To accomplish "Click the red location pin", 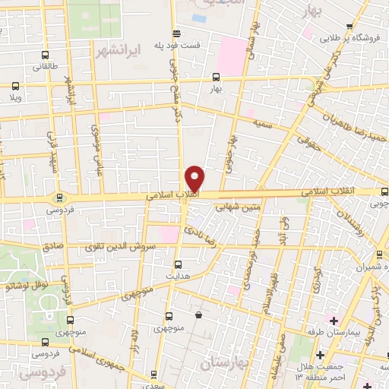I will (195, 179).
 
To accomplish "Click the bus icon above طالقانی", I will (45, 55).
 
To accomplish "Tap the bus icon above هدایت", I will (178, 264).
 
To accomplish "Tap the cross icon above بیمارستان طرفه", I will (334, 321).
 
